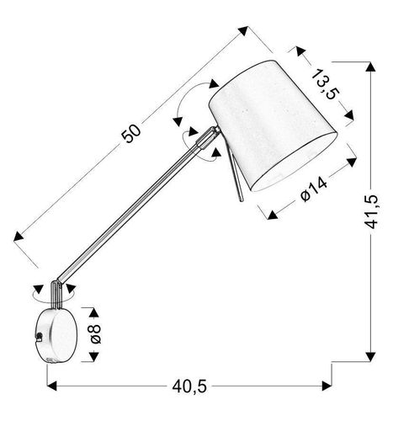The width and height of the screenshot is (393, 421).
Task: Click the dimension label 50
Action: (131, 133)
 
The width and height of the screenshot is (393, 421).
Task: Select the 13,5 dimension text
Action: (325, 84)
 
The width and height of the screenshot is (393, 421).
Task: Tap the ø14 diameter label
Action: (313, 189)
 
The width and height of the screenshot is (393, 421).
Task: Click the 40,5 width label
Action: (189, 386)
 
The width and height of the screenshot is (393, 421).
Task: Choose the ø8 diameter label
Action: (96, 333)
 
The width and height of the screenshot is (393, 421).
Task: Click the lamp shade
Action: (273, 125)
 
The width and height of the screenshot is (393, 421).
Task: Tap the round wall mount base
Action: (57, 336)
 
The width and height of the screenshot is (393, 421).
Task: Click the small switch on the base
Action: (40, 336)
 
